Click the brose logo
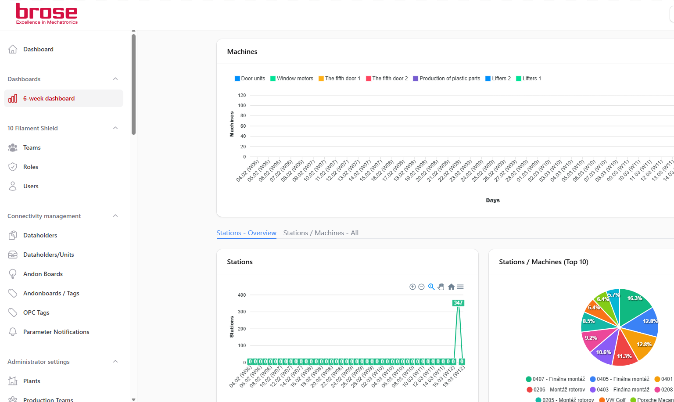coord(47,14)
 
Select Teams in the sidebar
coord(32,147)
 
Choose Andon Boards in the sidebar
coord(43,274)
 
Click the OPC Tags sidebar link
coord(36,312)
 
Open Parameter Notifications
coord(56,332)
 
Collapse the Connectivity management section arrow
coord(115,216)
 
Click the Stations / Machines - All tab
coord(321,233)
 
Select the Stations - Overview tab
coord(247,233)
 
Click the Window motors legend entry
coord(291,79)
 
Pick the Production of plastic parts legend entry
coord(447,79)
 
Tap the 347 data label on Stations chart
coord(458,303)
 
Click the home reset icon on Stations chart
coord(451,287)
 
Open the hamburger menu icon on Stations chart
coord(460,287)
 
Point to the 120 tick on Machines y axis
coord(242,95)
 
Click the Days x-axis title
coord(493,201)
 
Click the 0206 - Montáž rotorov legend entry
coord(556,390)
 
